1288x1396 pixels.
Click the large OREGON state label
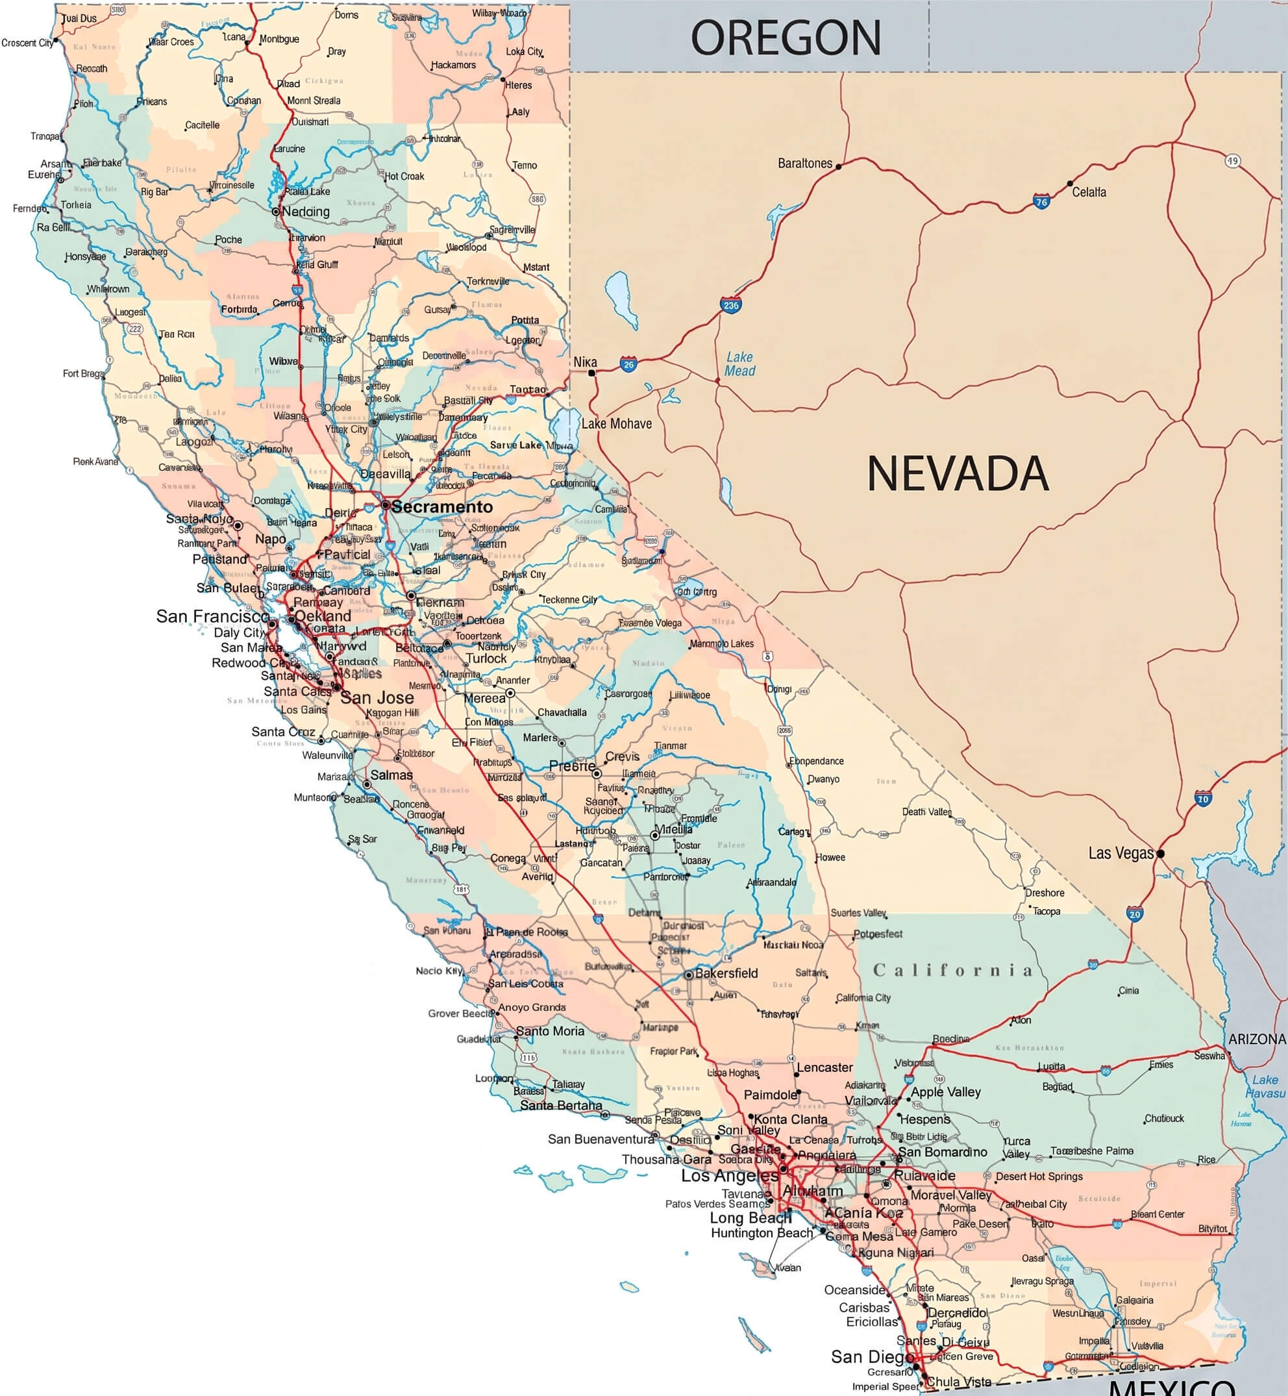786,38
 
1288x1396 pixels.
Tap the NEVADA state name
958,474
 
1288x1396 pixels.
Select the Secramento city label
441,506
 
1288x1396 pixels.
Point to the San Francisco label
212,616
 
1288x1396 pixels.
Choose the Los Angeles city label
730,1176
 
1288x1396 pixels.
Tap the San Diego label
872,1356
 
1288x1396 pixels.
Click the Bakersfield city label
726,973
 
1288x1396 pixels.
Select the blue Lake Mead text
739,364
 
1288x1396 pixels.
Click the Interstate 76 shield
1041,202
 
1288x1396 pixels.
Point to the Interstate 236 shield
730,305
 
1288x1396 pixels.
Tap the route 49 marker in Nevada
1232,161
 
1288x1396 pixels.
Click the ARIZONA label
1257,1039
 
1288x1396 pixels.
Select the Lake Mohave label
617,424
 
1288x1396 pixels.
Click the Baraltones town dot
839,167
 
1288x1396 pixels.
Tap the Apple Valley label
946,1092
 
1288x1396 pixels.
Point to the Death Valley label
926,811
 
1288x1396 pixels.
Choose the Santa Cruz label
283,732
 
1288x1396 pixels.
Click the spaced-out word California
952,970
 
